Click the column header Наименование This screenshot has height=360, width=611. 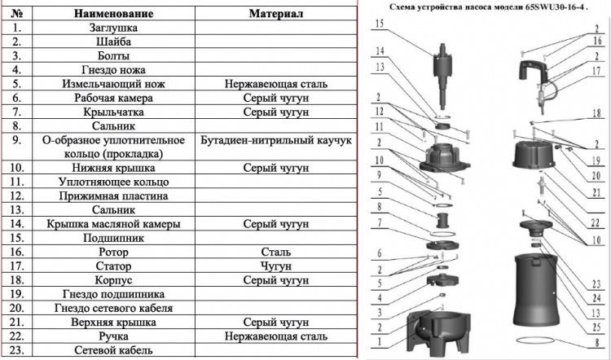(113, 14)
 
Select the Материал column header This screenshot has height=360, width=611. (276, 14)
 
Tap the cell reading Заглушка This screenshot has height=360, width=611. (113, 28)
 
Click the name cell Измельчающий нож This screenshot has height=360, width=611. (113, 84)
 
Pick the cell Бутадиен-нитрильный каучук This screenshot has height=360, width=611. (276, 140)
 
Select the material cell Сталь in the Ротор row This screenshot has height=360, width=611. (276, 252)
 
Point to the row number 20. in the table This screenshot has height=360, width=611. (16, 308)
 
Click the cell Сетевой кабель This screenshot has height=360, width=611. (113, 350)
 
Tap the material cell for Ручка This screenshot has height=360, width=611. (276, 336)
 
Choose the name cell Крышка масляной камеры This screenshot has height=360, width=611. (113, 224)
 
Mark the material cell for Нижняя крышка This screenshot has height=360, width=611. (276, 168)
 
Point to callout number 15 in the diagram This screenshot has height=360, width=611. (380, 24)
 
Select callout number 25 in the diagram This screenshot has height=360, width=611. (596, 327)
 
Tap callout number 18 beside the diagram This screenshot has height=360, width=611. (596, 115)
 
